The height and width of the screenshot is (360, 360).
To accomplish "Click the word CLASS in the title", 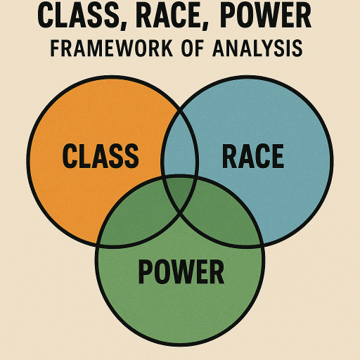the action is pyautogui.click(x=79, y=15).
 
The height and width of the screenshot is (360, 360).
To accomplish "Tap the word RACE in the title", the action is pyautogui.click(x=169, y=15).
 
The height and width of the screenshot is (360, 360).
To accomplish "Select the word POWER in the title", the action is pyautogui.click(x=266, y=15).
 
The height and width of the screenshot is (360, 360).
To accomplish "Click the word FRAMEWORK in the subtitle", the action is pyautogui.click(x=112, y=49).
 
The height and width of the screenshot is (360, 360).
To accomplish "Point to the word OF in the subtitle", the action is pyautogui.click(x=193, y=49).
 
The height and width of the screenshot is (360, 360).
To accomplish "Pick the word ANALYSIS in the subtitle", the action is pyautogui.click(x=257, y=49).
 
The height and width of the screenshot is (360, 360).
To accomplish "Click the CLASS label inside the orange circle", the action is pyautogui.click(x=101, y=156).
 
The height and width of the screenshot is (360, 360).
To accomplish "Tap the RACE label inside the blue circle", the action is pyautogui.click(x=253, y=156).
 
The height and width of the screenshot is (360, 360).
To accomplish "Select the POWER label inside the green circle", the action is pyautogui.click(x=181, y=271).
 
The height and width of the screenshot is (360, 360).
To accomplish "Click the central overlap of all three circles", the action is pyautogui.click(x=180, y=192).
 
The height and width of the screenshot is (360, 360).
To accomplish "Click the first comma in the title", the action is pyautogui.click(x=124, y=25).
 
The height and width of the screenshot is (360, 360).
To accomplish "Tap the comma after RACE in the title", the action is pyautogui.click(x=205, y=25).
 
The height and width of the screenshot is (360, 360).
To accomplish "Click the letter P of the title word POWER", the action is pyautogui.click(x=229, y=15).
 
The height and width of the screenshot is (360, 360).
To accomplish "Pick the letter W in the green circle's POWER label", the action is pyautogui.click(x=188, y=271).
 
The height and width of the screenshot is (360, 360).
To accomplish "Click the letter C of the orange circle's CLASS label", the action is pyautogui.click(x=69, y=156).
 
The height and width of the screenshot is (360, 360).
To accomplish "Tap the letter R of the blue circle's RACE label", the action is pyautogui.click(x=230, y=156).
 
